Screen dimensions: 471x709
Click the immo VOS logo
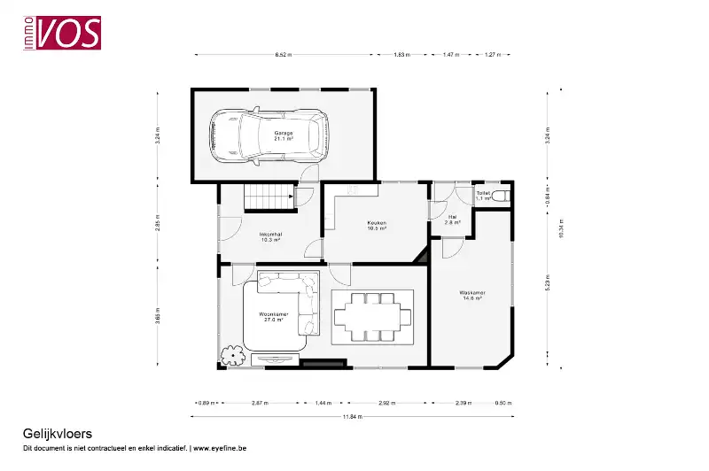(61, 32)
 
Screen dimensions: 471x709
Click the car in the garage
(265, 136)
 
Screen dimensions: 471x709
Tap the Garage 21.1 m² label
(283, 135)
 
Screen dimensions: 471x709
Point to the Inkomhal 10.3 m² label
(269, 236)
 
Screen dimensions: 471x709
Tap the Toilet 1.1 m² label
(483, 195)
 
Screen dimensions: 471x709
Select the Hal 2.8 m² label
(452, 219)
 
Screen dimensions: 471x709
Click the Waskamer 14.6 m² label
(471, 296)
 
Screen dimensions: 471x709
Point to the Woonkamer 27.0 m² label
(274, 317)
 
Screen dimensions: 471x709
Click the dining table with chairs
(373, 316)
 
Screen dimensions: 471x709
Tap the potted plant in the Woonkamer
(233, 354)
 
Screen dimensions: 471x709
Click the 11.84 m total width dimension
(352, 416)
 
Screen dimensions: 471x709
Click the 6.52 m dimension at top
(283, 55)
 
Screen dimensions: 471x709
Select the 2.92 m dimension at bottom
(386, 403)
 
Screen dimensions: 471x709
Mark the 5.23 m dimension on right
(549, 285)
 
